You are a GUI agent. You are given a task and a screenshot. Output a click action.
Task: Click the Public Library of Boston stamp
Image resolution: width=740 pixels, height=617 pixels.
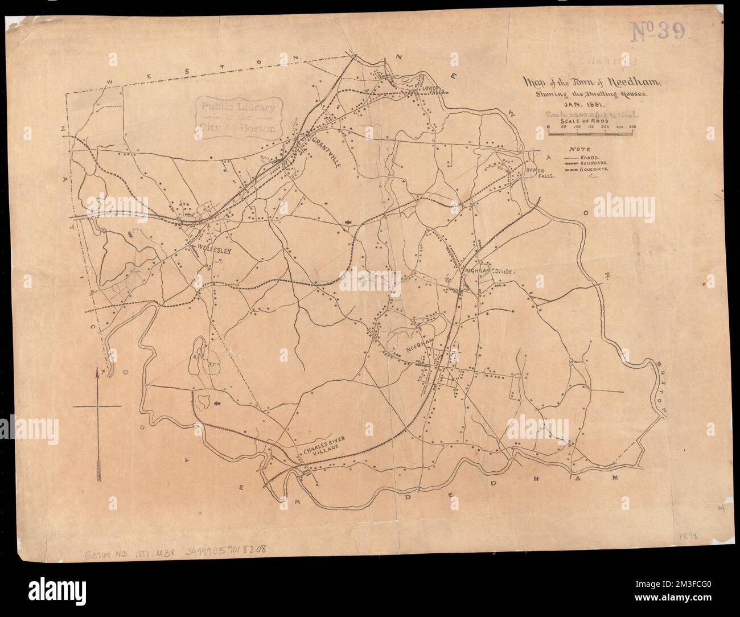point(239,117)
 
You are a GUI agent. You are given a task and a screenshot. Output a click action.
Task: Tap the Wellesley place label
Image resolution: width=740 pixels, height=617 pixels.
point(215,249)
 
